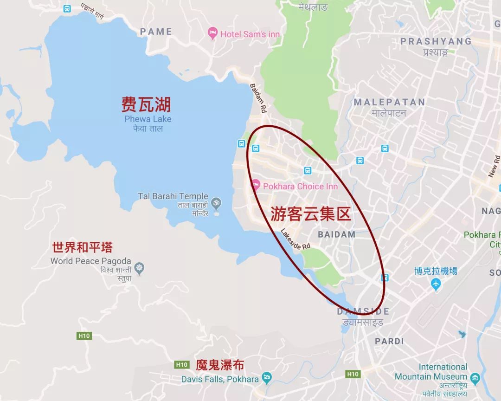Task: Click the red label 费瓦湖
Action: point(146,105)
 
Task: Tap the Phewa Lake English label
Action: point(148,119)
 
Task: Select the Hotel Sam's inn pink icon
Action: point(213,33)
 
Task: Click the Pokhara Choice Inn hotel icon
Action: point(255,186)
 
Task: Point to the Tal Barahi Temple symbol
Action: point(216,202)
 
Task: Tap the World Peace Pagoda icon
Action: point(139,267)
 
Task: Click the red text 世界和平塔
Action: point(83,247)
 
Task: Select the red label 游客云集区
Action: point(310,213)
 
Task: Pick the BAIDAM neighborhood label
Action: point(337,234)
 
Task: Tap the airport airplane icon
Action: point(435,284)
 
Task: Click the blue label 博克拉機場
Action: point(436,271)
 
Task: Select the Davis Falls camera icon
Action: point(267,378)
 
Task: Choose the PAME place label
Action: point(156,32)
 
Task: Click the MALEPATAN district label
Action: point(389,102)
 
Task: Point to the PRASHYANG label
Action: point(436,41)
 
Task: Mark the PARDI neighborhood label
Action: point(389,341)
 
